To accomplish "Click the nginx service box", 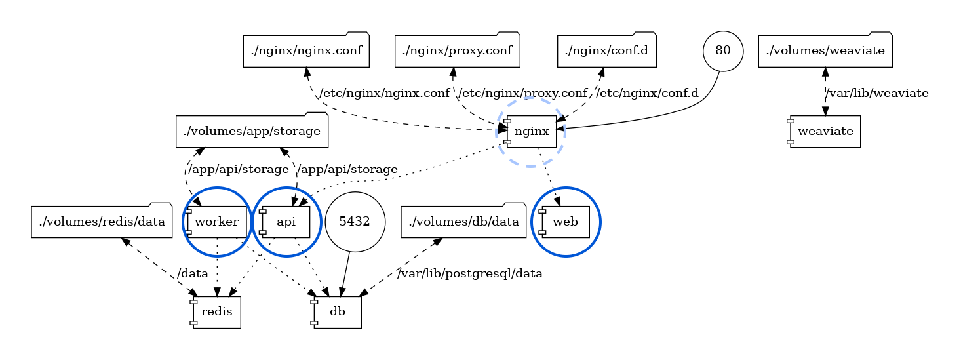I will [x=531, y=132].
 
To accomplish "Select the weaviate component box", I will [x=825, y=132].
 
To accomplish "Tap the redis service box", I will [x=216, y=312].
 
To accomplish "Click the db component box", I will [x=337, y=312].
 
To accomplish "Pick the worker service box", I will [x=217, y=222].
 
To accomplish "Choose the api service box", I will [x=286, y=222].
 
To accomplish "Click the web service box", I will [x=565, y=222].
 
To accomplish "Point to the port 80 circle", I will [x=723, y=50].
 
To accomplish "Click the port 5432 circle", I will [x=355, y=222].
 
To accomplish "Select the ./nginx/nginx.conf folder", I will [x=306, y=50].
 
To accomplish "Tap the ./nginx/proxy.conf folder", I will [x=457, y=50].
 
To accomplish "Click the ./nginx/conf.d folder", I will [x=607, y=50].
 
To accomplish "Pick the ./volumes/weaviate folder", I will [x=825, y=50].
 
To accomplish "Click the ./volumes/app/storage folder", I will [x=252, y=131].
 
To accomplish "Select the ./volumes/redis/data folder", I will [x=102, y=222].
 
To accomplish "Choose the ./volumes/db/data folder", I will [x=463, y=222].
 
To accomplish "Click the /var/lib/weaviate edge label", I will [x=877, y=93].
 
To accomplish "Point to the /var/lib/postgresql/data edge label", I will [x=470, y=273].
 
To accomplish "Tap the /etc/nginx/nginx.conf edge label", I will [x=384, y=93].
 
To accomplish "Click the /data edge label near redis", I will [x=193, y=273].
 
